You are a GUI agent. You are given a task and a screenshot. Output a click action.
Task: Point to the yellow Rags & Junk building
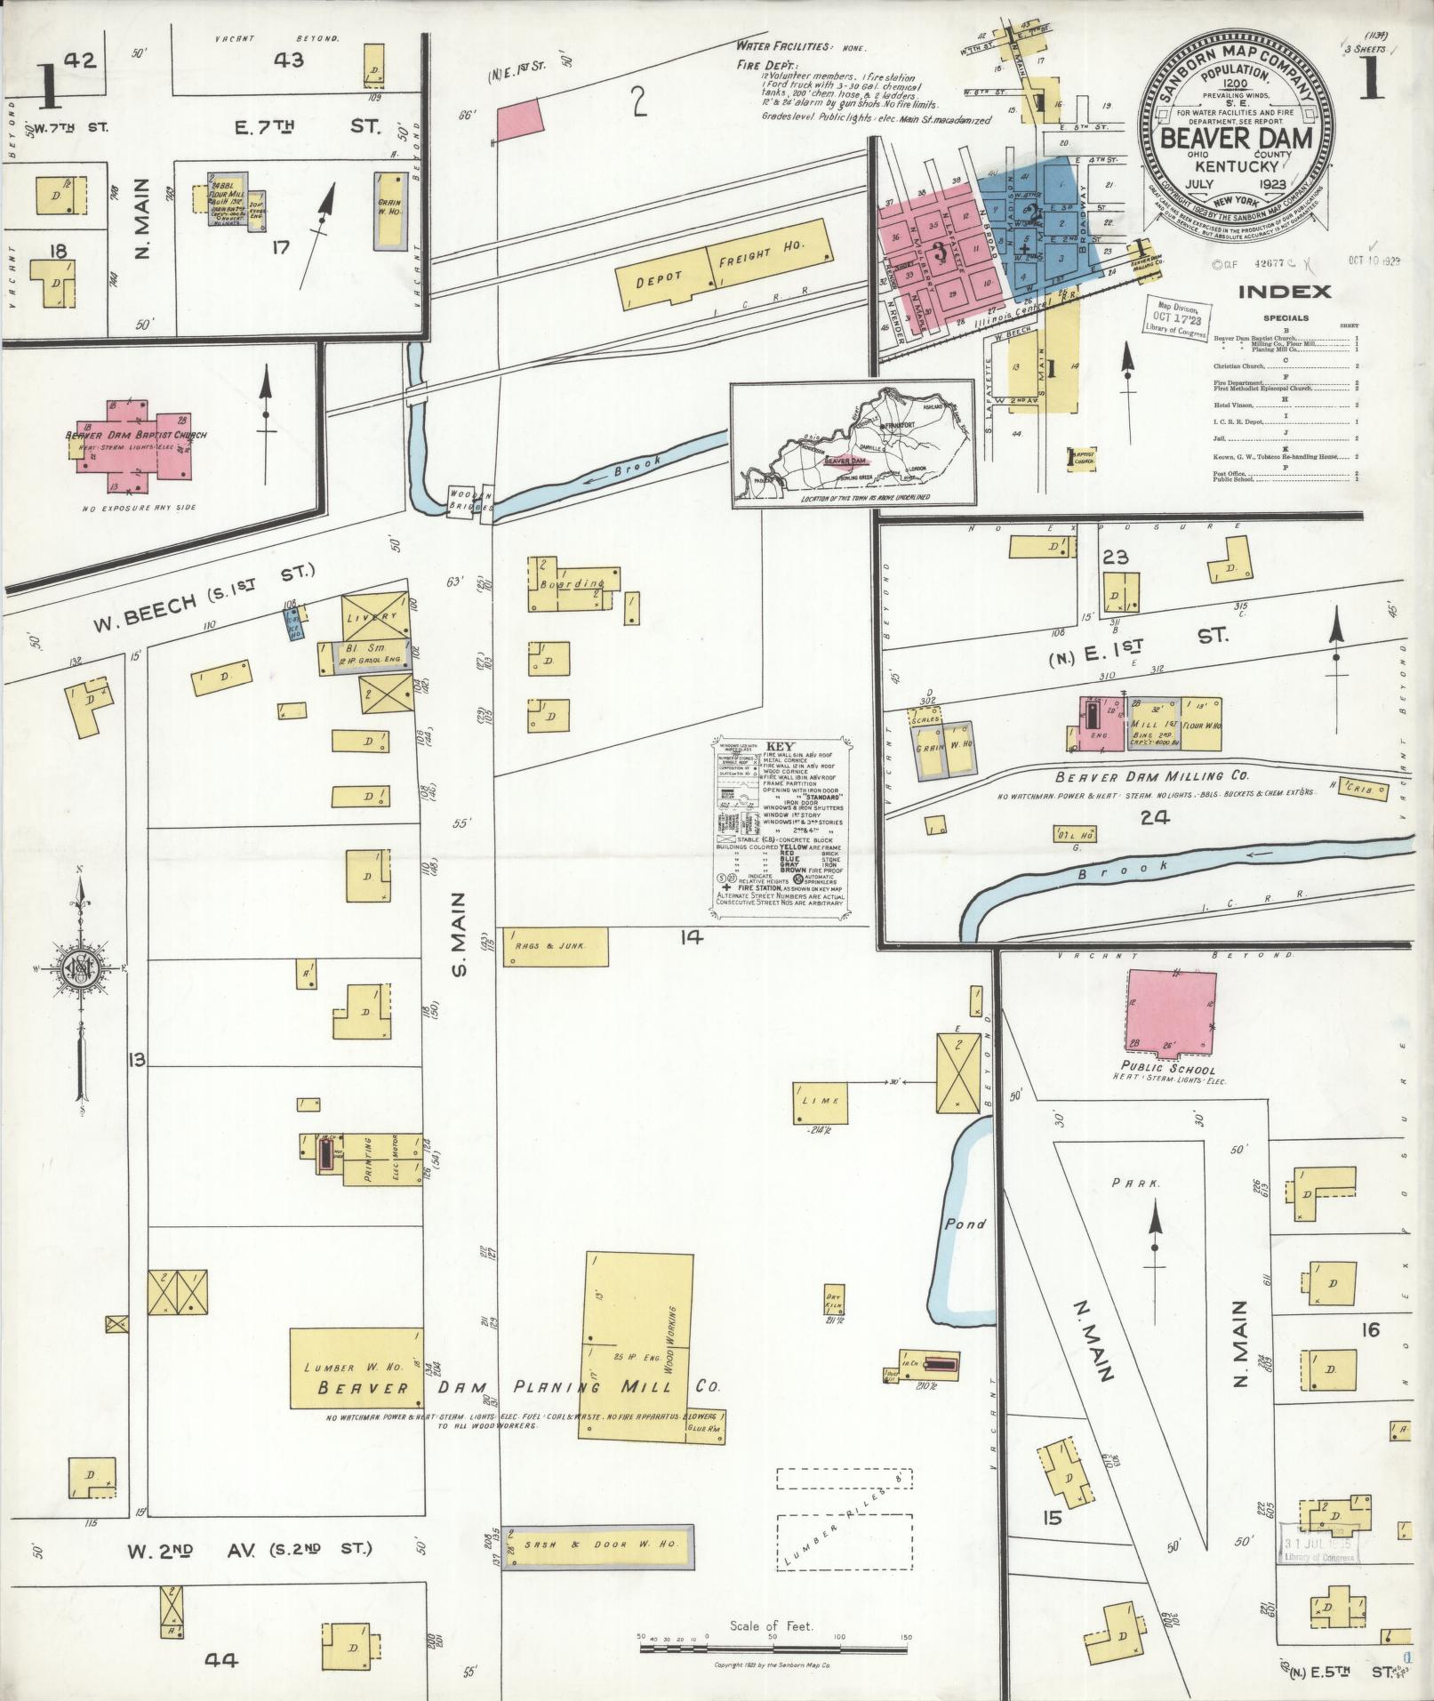[x=557, y=947]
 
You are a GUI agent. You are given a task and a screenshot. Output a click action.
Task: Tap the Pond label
[x=965, y=1224]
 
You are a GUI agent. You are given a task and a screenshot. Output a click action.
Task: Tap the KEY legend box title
[x=780, y=746]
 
